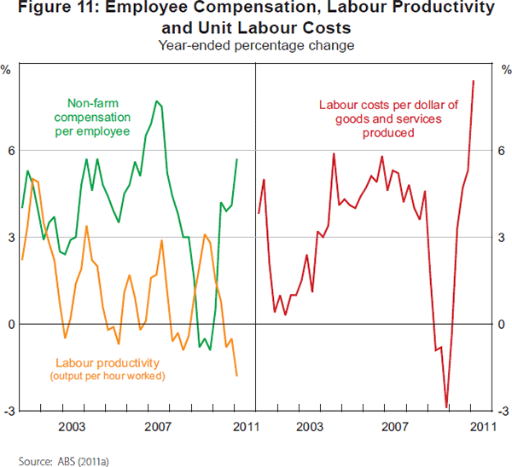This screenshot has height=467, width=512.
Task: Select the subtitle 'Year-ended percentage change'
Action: point(256,43)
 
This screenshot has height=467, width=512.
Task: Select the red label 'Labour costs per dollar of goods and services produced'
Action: point(388,119)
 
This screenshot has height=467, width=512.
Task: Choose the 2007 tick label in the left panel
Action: point(154,425)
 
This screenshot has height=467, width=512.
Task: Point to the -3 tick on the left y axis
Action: point(9,412)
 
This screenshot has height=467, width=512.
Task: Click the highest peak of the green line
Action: point(157,101)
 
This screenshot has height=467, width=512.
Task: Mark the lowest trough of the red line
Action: point(446,407)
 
